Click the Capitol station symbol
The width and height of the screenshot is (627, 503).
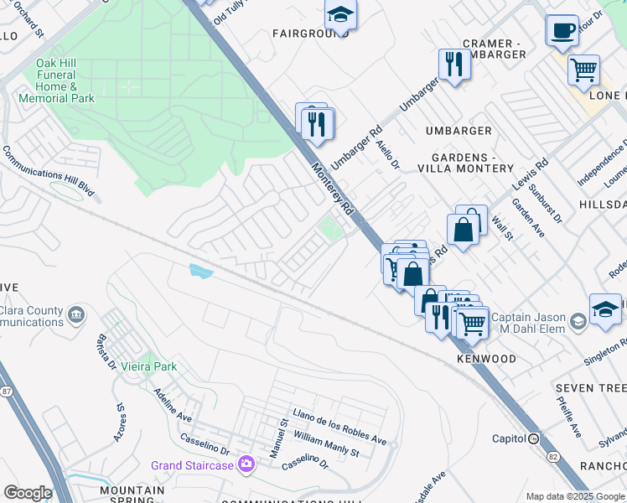pos(533,438)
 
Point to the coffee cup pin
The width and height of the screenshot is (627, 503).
pos(562,30)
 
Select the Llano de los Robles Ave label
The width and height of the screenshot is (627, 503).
pos(339,427)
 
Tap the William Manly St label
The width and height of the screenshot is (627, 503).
pos(326,445)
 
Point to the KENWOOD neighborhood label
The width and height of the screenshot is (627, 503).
pos(486,359)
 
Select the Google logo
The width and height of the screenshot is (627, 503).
pos(28,492)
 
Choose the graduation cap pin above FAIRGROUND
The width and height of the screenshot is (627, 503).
pos(340,14)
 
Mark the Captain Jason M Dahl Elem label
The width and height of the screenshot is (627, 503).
pos(530,322)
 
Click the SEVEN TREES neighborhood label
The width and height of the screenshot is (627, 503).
pos(590,388)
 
